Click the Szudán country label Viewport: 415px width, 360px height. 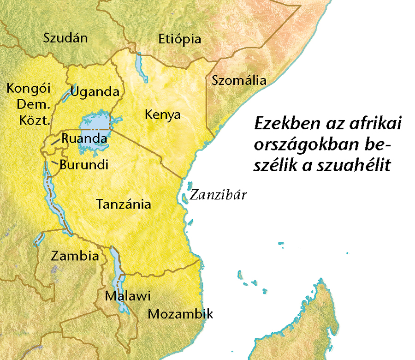[65, 38]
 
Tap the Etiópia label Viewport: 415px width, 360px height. [179, 39]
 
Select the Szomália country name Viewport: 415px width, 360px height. [239, 80]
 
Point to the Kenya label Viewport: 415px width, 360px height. [162, 114]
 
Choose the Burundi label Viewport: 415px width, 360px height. [84, 164]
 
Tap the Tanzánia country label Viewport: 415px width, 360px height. [123, 204]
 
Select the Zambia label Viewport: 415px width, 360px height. [75, 256]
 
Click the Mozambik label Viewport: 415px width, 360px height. [180, 314]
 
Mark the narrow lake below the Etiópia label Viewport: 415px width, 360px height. [140, 65]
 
